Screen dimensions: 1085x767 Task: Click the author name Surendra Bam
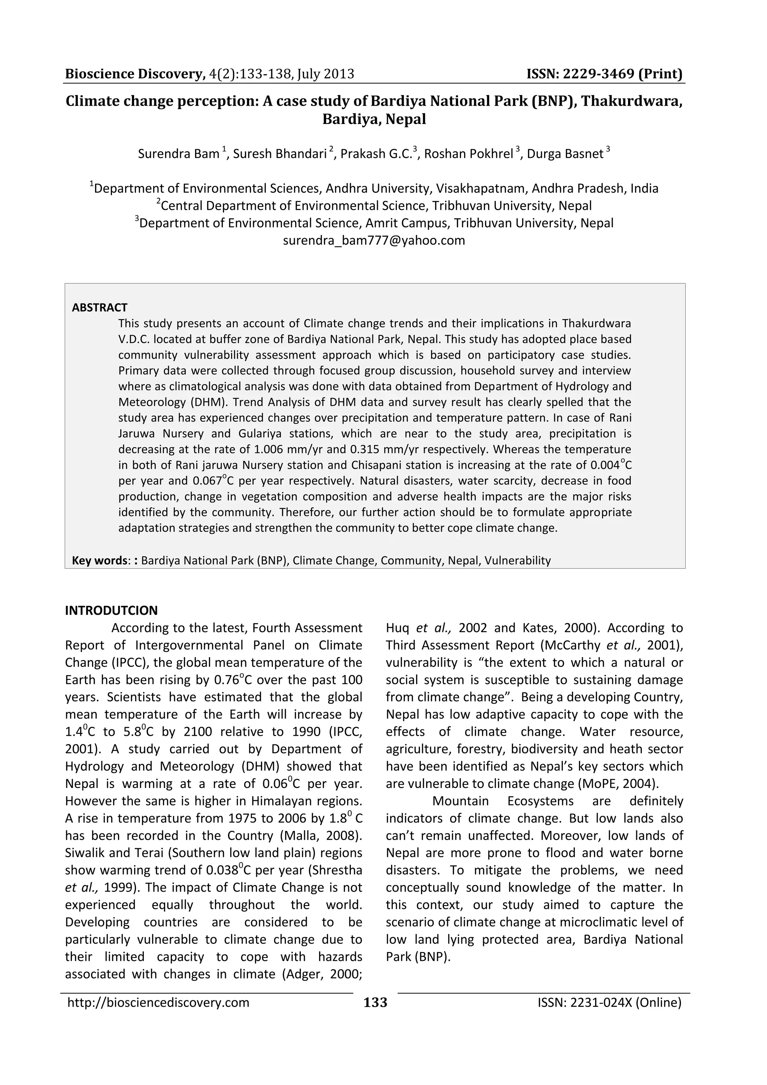pos(179,154)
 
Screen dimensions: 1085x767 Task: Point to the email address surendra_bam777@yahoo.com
pos(374,241)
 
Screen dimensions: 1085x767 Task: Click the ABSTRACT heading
pos(99,308)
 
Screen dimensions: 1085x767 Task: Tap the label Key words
pos(99,560)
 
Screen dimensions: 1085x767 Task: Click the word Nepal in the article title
pos(406,119)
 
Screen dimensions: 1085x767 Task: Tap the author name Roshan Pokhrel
pos(468,154)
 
